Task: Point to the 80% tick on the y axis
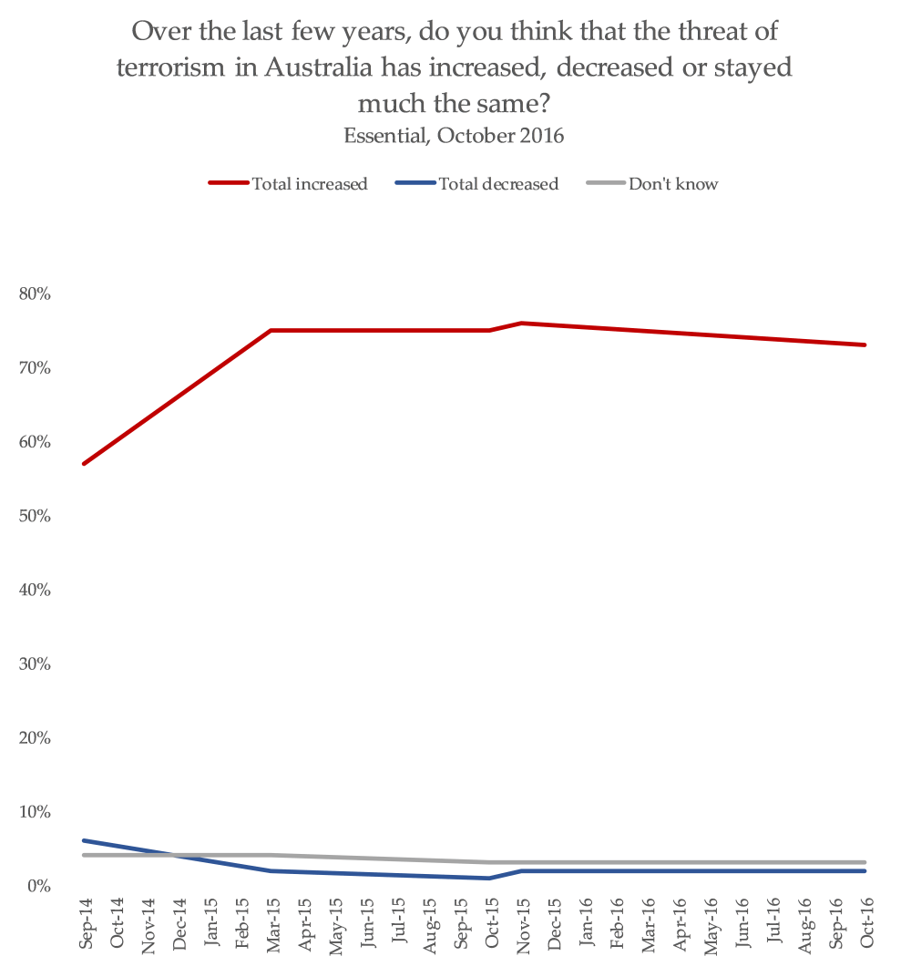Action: tap(34, 294)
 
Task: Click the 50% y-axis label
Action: tap(34, 516)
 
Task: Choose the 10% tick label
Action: tap(34, 812)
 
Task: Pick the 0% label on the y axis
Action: tap(37, 886)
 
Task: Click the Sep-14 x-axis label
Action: tap(86, 922)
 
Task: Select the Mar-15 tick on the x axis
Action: tap(272, 922)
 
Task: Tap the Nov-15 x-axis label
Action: tap(523, 922)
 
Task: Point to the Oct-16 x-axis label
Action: tap(865, 922)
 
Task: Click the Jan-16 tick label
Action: tap(585, 922)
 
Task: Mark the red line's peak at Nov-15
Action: tap(523, 323)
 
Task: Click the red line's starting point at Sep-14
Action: tap(85, 463)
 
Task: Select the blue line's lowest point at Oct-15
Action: tap(491, 878)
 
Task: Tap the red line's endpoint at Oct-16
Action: tap(865, 345)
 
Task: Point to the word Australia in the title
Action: tap(313, 68)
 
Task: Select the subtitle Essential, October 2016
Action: tap(455, 136)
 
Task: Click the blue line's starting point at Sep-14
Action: tap(85, 840)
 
